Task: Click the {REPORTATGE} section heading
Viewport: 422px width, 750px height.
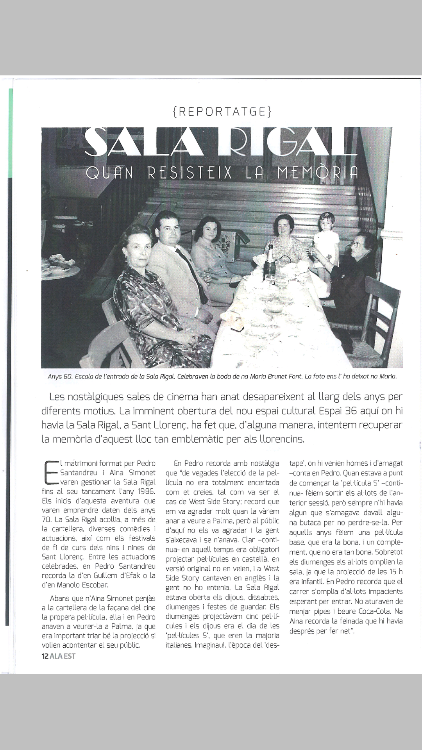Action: pyautogui.click(x=222, y=112)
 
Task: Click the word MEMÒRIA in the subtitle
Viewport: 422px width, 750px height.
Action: pyautogui.click(x=317, y=173)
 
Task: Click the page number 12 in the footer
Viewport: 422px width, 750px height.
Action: pyautogui.click(x=45, y=656)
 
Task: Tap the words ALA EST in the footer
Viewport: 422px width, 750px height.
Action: pyautogui.click(x=63, y=656)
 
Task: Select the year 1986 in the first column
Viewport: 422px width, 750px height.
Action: pyautogui.click(x=147, y=491)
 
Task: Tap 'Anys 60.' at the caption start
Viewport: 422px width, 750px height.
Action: pyautogui.click(x=60, y=377)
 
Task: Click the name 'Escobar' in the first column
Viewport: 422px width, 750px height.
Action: pyautogui.click(x=93, y=585)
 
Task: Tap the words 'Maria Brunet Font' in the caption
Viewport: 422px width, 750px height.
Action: pyautogui.click(x=275, y=377)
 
